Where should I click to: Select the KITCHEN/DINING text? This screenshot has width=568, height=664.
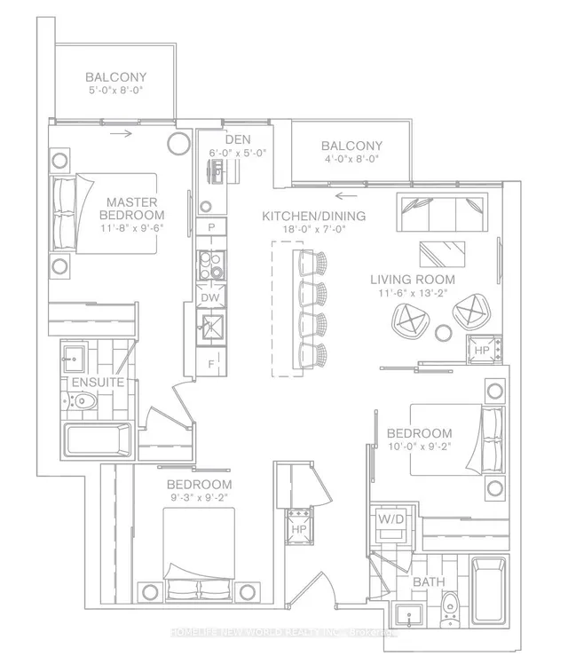pyautogui.click(x=313, y=217)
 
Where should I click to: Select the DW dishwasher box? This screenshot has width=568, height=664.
pyautogui.click(x=210, y=298)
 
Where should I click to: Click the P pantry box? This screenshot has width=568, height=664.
pyautogui.click(x=211, y=228)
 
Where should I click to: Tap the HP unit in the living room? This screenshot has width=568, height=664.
pyautogui.click(x=482, y=351)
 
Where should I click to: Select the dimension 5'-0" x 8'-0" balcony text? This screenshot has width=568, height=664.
pyautogui.click(x=116, y=90)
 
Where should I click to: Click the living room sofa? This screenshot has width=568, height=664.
pyautogui.click(x=440, y=214)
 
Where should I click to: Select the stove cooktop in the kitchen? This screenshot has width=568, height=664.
pyautogui.click(x=211, y=265)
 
